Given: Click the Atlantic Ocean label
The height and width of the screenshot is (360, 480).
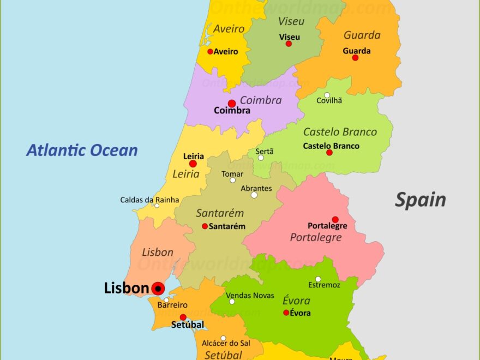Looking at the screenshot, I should (82, 150).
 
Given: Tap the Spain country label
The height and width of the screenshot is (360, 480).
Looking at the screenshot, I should (420, 200).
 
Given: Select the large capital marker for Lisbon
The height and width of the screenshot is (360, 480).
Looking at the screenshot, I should (158, 289).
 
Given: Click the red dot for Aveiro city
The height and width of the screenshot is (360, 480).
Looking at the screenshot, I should (210, 52).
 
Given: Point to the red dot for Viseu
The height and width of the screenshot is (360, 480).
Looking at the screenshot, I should (289, 44).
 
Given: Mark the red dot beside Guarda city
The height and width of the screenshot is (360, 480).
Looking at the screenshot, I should (355, 57).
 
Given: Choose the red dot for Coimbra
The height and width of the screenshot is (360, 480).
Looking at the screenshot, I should (232, 104).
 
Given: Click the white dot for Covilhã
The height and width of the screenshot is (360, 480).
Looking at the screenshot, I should (327, 95).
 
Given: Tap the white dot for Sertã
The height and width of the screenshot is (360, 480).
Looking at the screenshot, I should (261, 158).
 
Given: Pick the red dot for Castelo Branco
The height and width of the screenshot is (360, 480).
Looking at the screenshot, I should (329, 152).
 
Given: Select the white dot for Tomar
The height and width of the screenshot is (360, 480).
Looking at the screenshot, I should (233, 180).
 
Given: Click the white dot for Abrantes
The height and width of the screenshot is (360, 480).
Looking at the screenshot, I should (254, 195).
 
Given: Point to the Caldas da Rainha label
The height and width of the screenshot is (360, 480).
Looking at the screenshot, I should (149, 200).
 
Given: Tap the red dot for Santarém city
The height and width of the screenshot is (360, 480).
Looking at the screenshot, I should (205, 226).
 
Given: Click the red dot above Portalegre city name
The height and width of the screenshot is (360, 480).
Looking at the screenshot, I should (335, 219).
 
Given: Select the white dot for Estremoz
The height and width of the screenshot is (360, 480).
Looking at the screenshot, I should (318, 279).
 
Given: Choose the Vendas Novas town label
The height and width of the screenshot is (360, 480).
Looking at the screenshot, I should (250, 295).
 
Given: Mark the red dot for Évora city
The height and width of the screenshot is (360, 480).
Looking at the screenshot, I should (286, 313).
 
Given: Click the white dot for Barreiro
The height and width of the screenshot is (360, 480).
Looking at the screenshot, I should (166, 300).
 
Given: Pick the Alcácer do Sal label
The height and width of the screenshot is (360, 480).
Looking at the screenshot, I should (226, 343).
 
